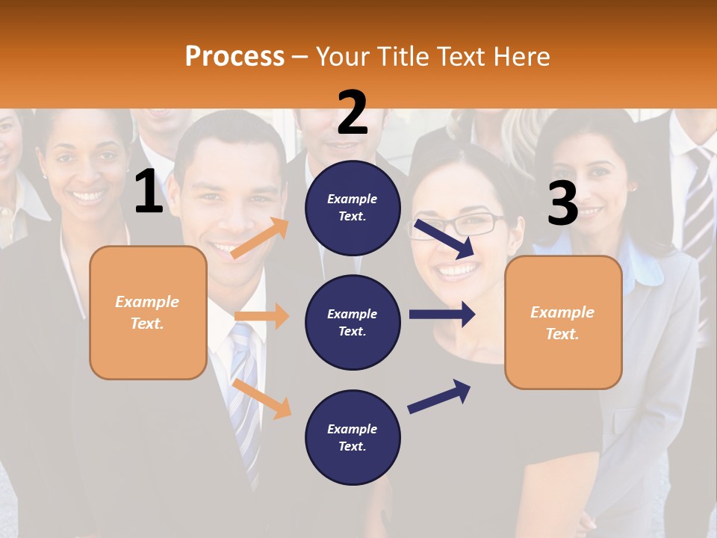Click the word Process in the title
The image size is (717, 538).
coord(235,56)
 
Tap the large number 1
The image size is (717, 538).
coord(149,191)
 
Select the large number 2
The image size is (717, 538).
coord(353,113)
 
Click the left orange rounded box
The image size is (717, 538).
coord(148,312)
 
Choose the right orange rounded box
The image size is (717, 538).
coord(563,322)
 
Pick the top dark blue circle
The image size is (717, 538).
coord(353,208)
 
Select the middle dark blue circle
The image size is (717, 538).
coord(353,322)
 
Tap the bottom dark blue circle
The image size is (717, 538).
coord(353,437)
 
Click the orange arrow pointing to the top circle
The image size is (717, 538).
coord(260,238)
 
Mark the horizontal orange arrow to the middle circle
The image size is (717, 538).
coord(261,316)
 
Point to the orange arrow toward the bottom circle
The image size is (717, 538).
coord(262,398)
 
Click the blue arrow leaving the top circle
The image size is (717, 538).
coord(445,238)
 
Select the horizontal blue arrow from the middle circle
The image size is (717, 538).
coord(441,314)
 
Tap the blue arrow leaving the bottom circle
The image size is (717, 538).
coord(439,396)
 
